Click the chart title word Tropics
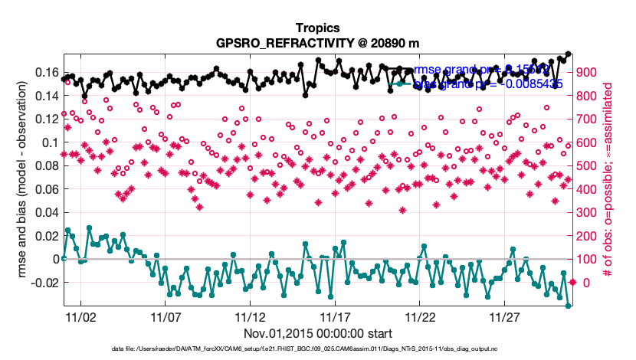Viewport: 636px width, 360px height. pyautogui.click(x=317, y=27)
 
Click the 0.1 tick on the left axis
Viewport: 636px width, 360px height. pyautogui.click(x=48, y=142)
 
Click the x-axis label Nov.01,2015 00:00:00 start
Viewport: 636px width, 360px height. pyautogui.click(x=317, y=333)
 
